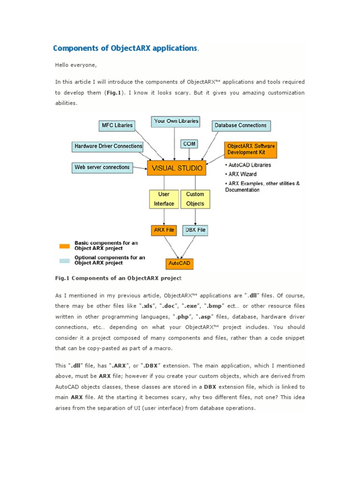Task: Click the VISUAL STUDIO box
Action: click(176, 168)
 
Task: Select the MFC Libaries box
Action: click(117, 126)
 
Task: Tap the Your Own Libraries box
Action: click(176, 121)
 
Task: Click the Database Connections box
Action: click(241, 126)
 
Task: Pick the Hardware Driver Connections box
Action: click(108, 146)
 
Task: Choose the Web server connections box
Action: click(102, 167)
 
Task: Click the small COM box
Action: click(190, 143)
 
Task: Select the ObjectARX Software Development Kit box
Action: click(251, 149)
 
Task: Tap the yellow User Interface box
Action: click(164, 199)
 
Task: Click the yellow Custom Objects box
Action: click(195, 199)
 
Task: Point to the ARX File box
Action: click(164, 230)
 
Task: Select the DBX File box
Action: click(195, 230)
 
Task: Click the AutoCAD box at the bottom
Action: click(179, 263)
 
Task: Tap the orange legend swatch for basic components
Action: click(64, 246)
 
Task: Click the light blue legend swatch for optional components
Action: click(64, 261)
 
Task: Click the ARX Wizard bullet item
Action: click(242, 174)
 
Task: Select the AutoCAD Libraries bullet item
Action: click(249, 165)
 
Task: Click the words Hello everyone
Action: click(75, 65)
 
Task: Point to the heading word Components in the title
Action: click(81, 48)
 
